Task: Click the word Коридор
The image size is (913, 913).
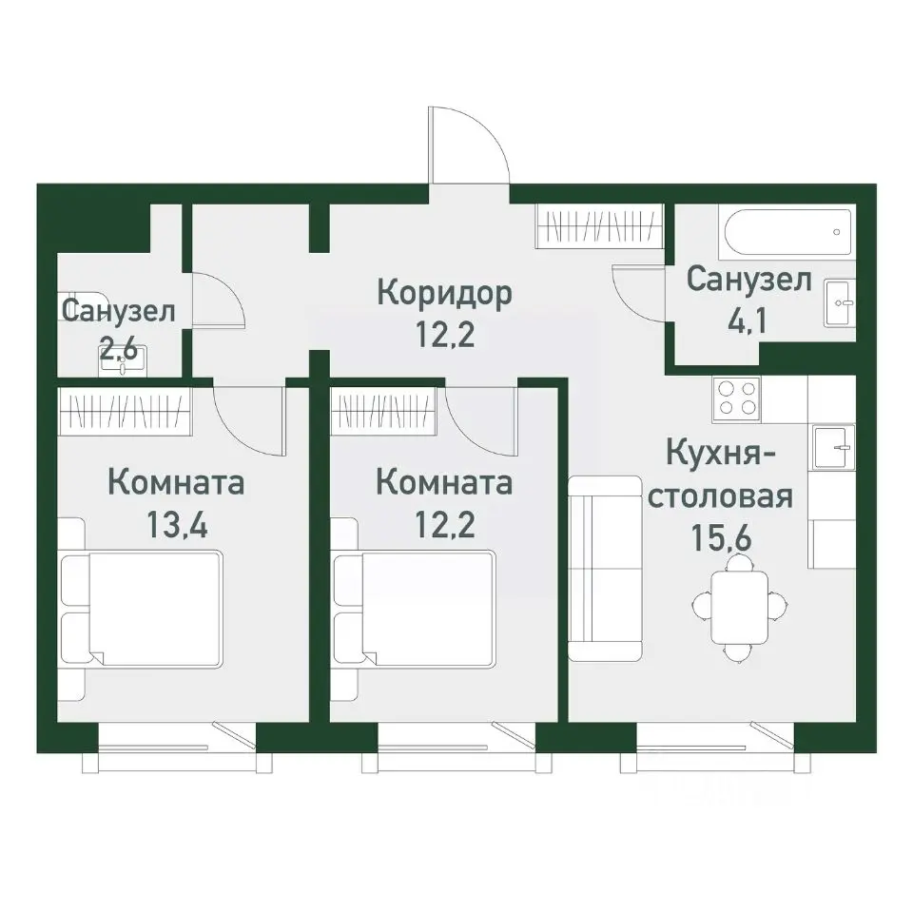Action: click(445, 292)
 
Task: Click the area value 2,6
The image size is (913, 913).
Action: click(120, 348)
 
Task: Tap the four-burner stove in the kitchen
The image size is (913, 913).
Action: click(737, 398)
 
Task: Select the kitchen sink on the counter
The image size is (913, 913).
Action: click(833, 446)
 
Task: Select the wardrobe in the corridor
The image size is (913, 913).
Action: click(598, 226)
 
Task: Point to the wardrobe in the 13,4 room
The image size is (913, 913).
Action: click(124, 410)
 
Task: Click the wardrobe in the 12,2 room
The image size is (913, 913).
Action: click(384, 410)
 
